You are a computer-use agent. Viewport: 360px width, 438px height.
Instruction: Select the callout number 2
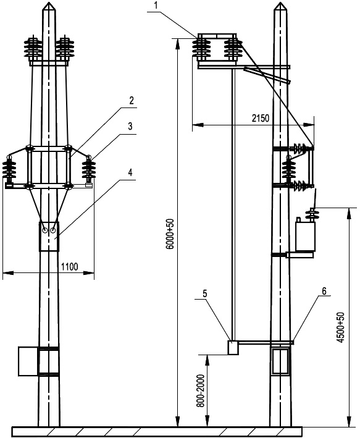[x=132, y=101]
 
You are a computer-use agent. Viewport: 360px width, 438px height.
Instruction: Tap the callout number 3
[x=130, y=126]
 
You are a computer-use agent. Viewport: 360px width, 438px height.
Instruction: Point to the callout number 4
[x=130, y=172]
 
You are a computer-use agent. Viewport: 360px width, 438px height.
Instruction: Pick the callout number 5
[x=205, y=293]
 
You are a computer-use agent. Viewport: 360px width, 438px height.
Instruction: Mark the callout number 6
[x=324, y=291]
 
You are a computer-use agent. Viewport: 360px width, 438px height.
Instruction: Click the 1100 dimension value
[x=70, y=267]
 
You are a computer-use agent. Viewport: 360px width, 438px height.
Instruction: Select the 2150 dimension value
[x=261, y=119]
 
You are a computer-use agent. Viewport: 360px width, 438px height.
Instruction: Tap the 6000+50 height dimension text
[x=170, y=234]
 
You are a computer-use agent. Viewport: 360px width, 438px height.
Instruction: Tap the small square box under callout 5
[x=233, y=347]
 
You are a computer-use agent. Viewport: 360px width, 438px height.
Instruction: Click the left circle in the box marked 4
[x=45, y=230]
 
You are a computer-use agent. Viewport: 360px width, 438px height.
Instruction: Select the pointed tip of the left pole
[x=49, y=3]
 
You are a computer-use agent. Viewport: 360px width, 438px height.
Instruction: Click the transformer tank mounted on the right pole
[x=305, y=235]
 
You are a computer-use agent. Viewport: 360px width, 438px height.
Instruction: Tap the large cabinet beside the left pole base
[x=28, y=361]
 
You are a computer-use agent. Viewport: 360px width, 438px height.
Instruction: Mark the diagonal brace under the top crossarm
[x=267, y=75]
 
